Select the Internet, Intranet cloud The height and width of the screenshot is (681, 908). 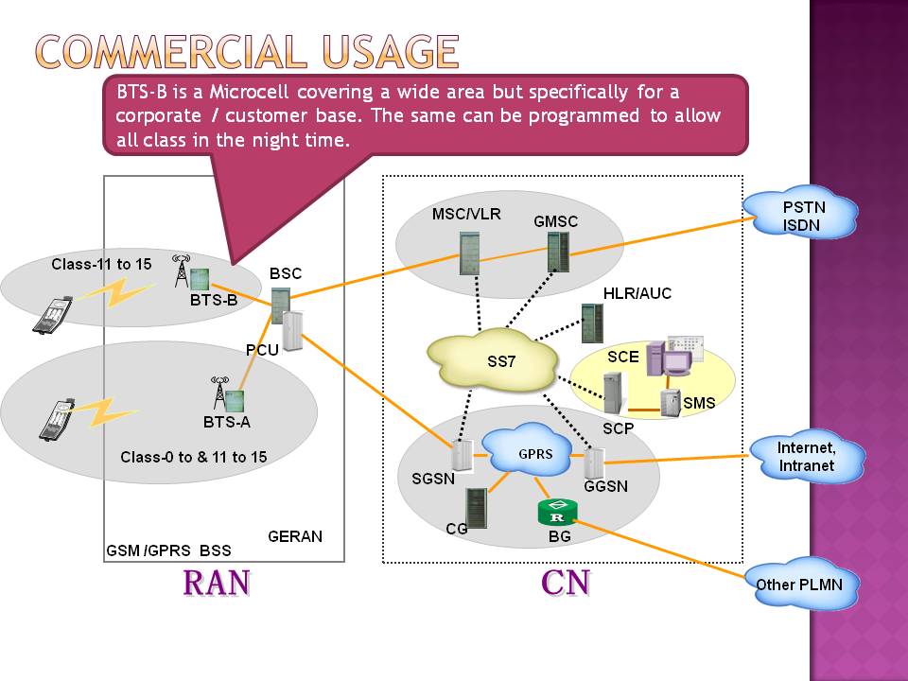tap(806, 456)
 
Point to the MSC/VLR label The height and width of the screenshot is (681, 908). tap(465, 214)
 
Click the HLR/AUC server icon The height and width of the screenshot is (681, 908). tap(593, 323)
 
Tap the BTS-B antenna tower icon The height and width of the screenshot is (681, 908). tap(183, 271)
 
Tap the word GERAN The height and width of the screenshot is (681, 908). tap(294, 536)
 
